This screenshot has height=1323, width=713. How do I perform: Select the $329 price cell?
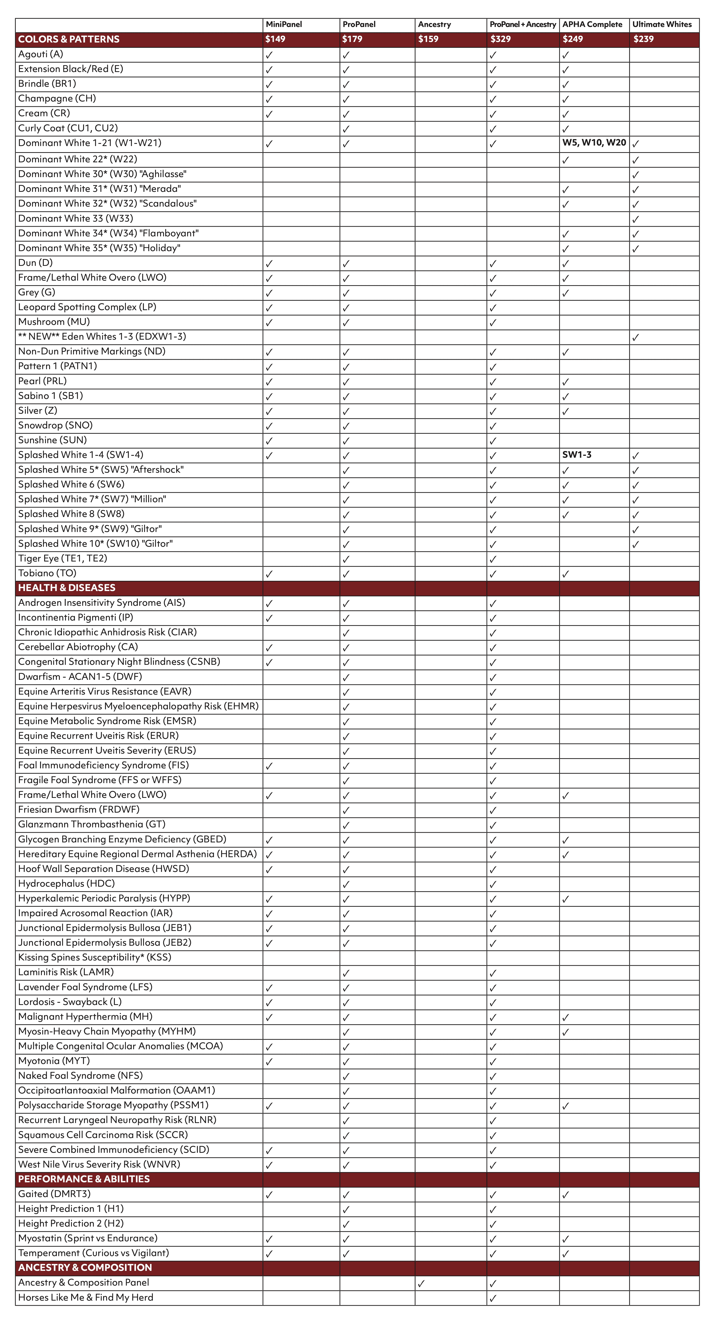[x=500, y=39]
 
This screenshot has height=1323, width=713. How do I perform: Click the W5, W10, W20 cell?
[x=594, y=143]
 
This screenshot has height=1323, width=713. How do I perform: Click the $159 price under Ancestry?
[x=428, y=39]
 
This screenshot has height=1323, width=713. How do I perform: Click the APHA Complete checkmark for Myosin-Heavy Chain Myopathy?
[x=566, y=1032]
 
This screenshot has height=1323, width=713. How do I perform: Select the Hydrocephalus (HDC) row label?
[x=66, y=883]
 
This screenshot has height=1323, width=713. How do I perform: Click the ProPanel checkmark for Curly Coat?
[x=346, y=129]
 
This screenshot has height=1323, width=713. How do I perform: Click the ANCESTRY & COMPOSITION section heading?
[x=85, y=1268]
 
